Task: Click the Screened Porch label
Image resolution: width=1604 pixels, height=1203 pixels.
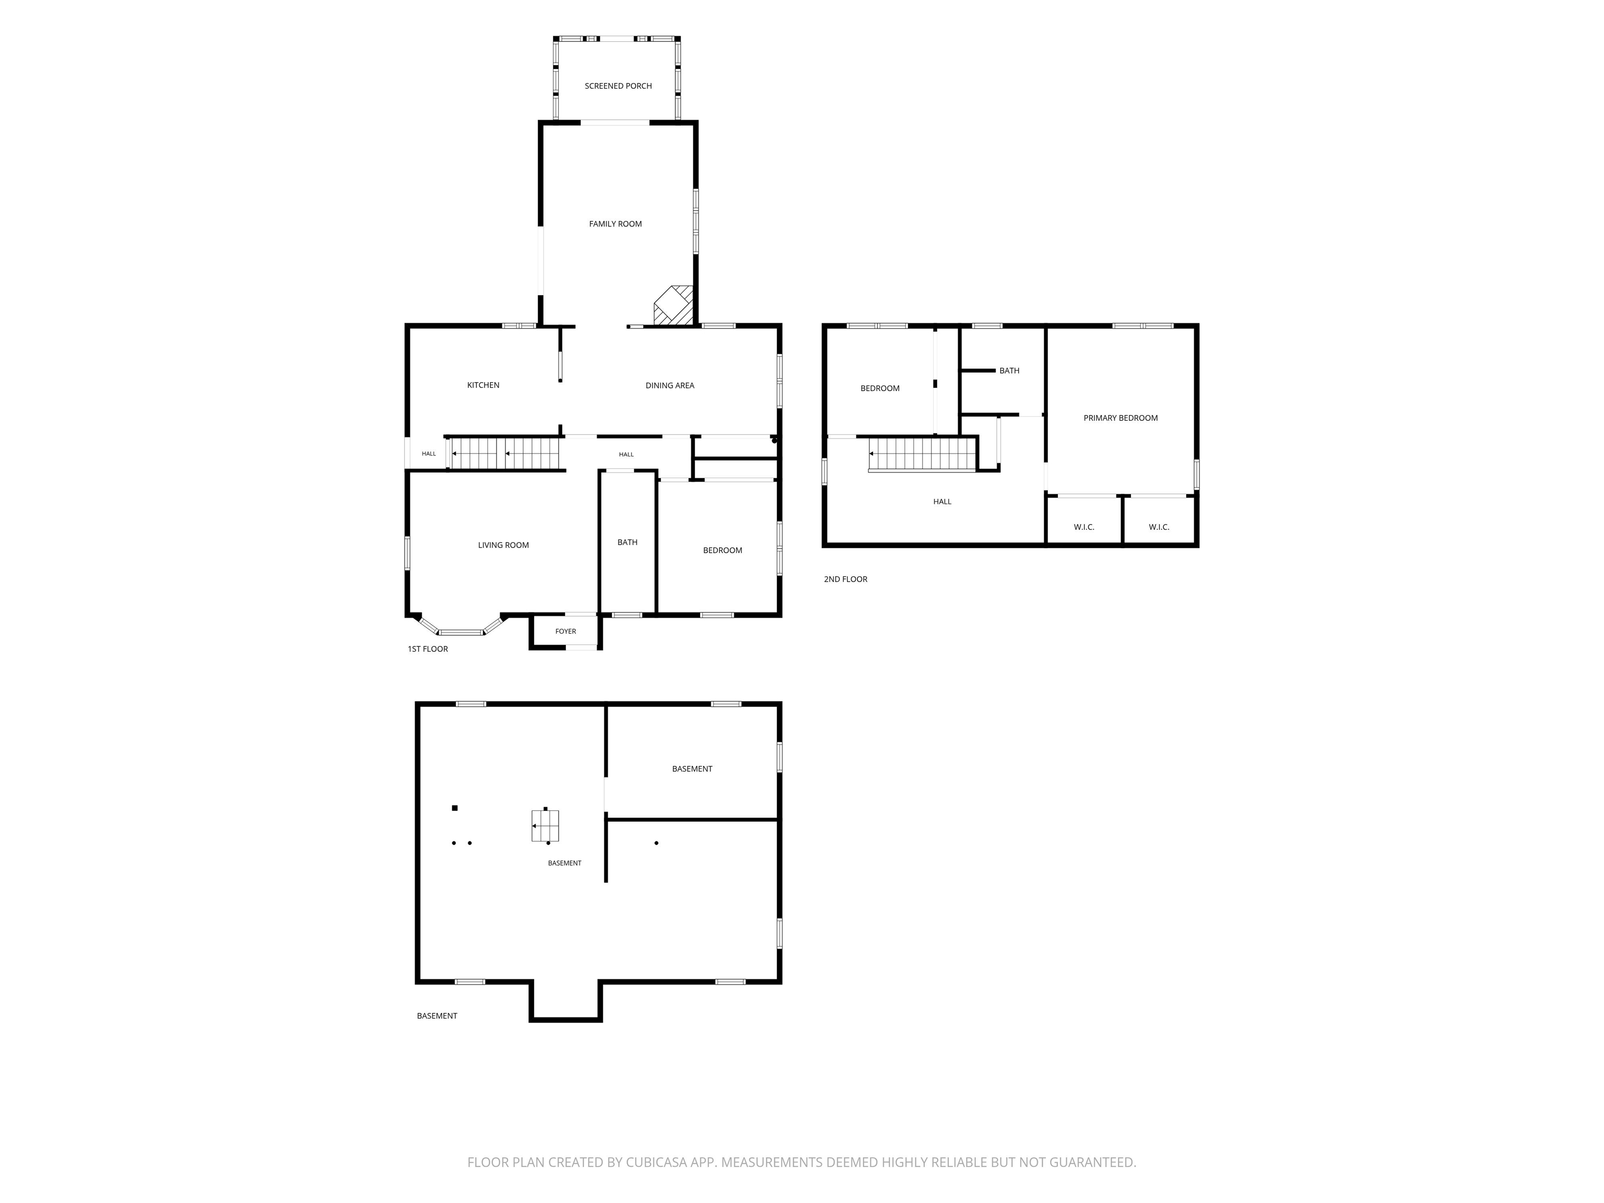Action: click(618, 86)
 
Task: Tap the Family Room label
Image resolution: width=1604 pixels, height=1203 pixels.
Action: click(615, 224)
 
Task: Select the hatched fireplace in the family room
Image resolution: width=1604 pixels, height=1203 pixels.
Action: click(674, 305)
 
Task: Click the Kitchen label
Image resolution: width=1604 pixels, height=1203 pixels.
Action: click(483, 385)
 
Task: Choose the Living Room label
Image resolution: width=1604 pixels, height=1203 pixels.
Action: click(503, 545)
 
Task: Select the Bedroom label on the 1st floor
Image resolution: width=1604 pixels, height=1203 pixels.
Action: click(722, 550)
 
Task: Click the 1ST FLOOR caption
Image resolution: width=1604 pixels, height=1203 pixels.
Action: click(428, 649)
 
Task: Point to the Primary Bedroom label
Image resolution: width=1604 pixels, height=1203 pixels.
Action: click(1121, 418)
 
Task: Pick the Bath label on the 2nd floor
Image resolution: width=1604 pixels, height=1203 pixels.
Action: click(1009, 371)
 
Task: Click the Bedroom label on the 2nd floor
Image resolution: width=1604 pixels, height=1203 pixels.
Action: click(880, 388)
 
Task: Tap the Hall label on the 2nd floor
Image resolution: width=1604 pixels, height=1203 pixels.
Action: click(942, 502)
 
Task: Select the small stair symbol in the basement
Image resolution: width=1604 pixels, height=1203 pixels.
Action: click(545, 825)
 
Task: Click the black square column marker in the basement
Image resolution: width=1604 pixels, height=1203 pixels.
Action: click(455, 808)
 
